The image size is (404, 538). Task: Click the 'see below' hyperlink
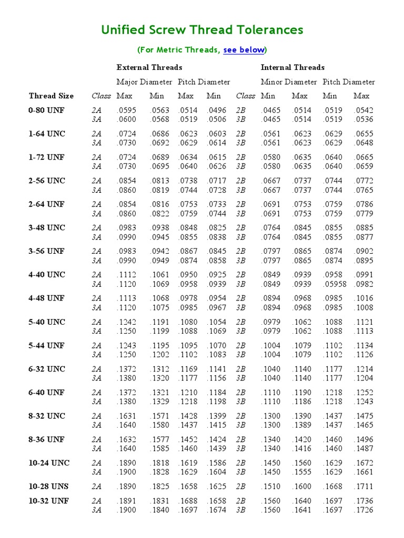244,50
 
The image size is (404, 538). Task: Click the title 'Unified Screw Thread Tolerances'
202,30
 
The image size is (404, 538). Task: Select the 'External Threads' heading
149,67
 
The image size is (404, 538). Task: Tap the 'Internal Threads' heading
292,67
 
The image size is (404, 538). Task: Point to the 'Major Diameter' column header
144,82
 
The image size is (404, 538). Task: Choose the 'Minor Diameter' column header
289,82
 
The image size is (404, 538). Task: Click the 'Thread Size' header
51,96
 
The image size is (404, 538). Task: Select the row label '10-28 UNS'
48,487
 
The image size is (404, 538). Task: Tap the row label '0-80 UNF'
46,110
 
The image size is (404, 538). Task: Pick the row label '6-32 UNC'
47,369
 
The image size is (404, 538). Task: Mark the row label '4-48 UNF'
47,298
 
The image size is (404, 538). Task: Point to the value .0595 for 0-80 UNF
126,110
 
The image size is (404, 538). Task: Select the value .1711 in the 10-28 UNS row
363,487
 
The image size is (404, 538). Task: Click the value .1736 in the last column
363,501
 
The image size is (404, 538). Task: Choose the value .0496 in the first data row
216,110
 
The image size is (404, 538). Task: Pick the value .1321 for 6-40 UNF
159,392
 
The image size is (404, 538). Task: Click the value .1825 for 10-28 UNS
159,487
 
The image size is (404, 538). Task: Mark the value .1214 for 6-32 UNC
363,369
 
